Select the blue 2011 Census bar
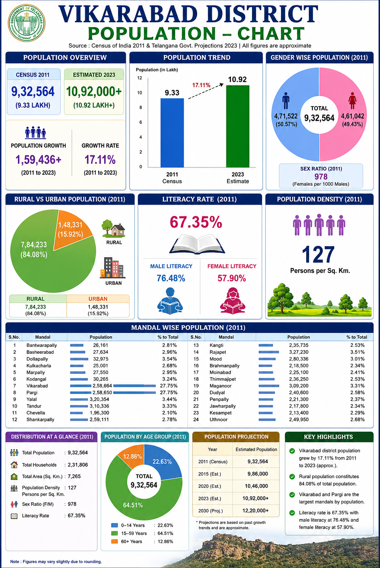tap(172, 133)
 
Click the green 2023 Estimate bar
tap(237, 126)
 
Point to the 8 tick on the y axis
tap(140, 107)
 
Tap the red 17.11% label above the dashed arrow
tap(201, 85)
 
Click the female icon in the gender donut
tap(353, 100)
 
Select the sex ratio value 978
tap(321, 176)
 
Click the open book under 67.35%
tap(197, 244)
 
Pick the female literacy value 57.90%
tap(232, 278)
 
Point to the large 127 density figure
tap(318, 255)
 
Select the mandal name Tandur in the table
tap(34, 406)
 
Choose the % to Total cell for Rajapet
tap(357, 352)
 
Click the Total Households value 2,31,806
tap(78, 465)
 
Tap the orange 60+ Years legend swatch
tap(115, 541)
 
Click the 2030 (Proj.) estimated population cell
tap(256, 510)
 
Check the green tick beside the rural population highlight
tap(292, 476)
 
